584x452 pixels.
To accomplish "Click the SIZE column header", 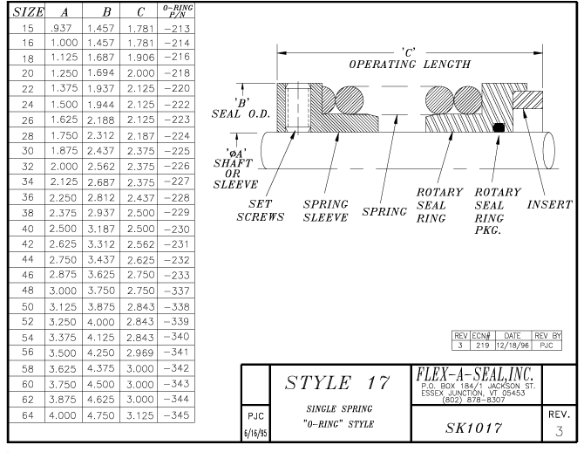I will pos(21,12).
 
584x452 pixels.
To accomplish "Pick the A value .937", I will pos(64,28).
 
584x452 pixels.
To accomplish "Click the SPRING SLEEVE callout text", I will pos(327,210).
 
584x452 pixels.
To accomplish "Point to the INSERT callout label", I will pos(548,204).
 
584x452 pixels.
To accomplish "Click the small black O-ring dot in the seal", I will pos(498,128).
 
